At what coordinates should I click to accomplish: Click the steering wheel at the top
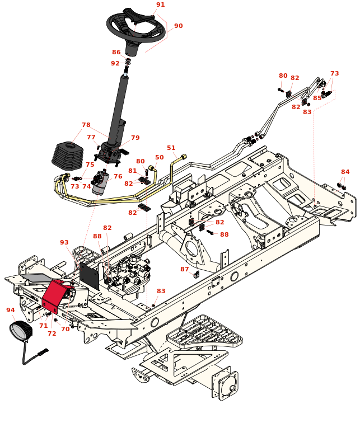(136, 27)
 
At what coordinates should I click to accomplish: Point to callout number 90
(178, 26)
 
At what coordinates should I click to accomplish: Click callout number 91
(161, 4)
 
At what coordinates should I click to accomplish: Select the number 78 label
(86, 125)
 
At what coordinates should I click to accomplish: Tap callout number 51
(171, 148)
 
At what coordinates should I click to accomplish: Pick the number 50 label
(160, 157)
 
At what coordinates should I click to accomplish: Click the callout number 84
(345, 172)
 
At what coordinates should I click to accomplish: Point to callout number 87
(184, 269)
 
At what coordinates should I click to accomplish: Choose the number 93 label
(64, 242)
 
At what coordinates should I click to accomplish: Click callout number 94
(10, 309)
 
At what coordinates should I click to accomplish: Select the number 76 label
(118, 176)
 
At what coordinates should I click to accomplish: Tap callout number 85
(317, 98)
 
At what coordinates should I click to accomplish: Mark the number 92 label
(115, 63)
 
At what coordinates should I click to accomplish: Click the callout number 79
(135, 138)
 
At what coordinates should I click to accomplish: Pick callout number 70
(65, 329)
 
